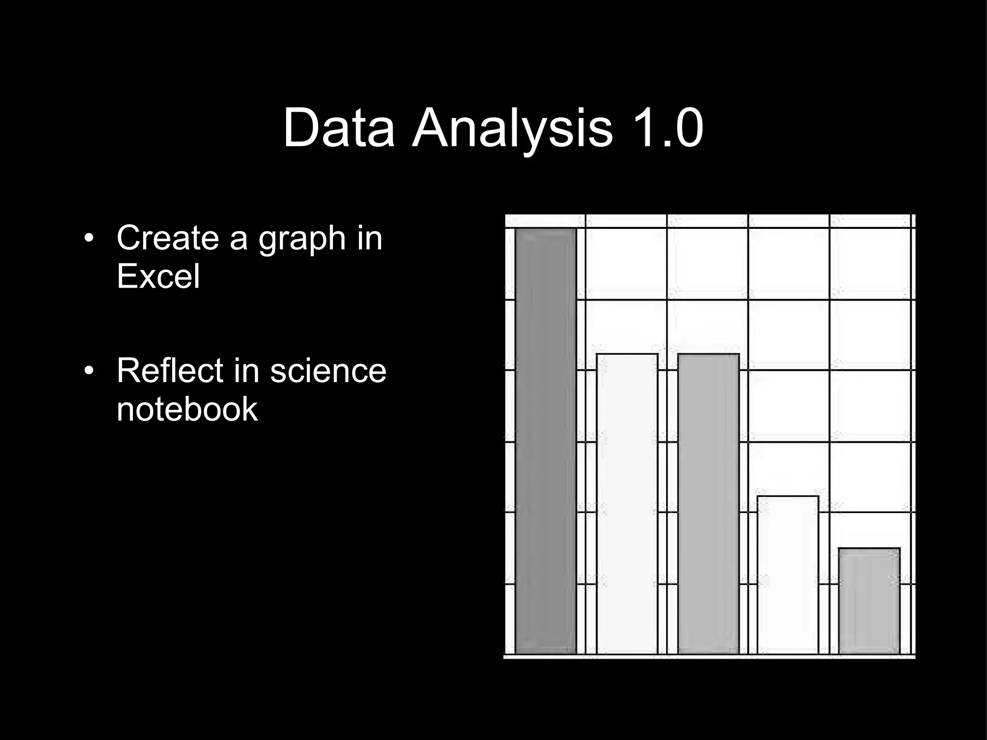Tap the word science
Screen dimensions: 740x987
(x=328, y=370)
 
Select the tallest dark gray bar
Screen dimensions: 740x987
(x=546, y=441)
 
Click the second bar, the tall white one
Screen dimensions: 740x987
(x=627, y=503)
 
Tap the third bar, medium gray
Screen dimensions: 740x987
(x=708, y=503)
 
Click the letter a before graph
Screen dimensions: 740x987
(x=238, y=238)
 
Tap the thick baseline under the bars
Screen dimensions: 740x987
(x=709, y=656)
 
